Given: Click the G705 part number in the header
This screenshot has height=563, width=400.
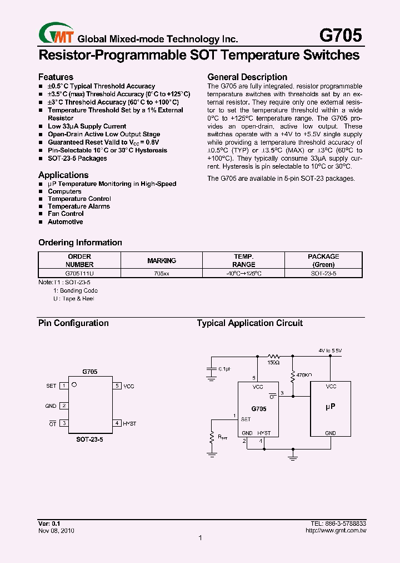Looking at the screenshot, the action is pos(340,36).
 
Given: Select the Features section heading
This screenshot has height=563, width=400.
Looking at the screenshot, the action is pos(56,77).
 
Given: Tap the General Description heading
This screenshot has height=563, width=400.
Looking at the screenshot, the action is pos(247,77).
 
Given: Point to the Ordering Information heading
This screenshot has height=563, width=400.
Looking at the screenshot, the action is pos(80,243).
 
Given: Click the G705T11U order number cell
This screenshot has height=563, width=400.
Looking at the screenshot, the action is pos(79,273).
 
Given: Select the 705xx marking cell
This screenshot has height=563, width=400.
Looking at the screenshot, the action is pos(162,273).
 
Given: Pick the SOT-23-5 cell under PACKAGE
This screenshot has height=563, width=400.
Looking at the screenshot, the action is pos(323,273).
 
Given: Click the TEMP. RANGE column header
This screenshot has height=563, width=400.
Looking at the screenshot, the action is pos(243,260).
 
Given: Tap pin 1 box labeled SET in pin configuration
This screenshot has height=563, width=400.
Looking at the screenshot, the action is pos(64,386).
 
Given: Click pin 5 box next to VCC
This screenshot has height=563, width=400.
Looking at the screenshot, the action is pos(117,386).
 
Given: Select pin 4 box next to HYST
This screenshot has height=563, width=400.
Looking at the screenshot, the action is pos(117,423).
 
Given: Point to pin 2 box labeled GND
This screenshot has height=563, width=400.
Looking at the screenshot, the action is pos(64,406).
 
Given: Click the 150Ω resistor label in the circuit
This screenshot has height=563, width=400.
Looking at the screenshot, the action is pos(273,363).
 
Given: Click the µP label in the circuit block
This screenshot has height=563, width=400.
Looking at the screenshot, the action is pos(330,407).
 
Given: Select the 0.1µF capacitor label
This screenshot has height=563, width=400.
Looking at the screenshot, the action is pos(224,369).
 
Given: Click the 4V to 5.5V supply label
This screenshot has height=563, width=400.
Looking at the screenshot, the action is pos(330,350).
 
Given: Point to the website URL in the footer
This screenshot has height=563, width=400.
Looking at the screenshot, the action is pos(336,531).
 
